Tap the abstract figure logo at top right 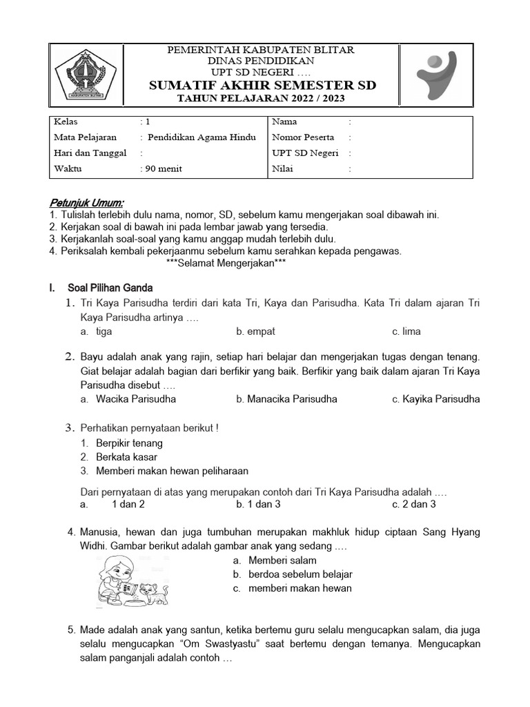pyautogui.click(x=437, y=75)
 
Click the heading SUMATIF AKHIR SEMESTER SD pyautogui.click(x=262, y=86)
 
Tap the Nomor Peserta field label pyautogui.click(x=303, y=137)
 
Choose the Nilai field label pyautogui.click(x=282, y=169)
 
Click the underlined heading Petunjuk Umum pyautogui.click(x=87, y=203)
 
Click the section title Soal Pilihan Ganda pyautogui.click(x=110, y=287)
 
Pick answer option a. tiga pyautogui.click(x=97, y=331)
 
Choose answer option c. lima pyautogui.click(x=406, y=331)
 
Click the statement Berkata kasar pyautogui.click(x=126, y=457)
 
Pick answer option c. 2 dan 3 pyautogui.click(x=414, y=504)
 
